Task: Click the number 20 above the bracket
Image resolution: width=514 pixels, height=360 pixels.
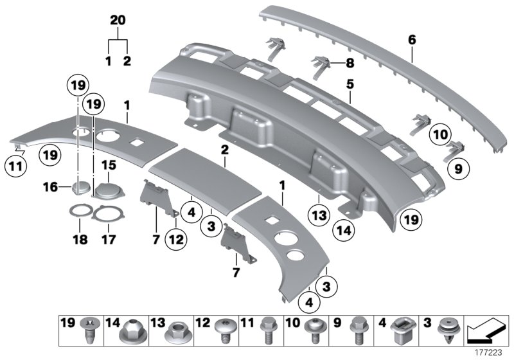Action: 116,21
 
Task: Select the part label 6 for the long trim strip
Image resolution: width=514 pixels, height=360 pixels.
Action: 412,40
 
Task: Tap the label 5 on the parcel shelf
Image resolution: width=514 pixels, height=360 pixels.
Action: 350,84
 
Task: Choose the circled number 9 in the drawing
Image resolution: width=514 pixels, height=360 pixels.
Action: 457,170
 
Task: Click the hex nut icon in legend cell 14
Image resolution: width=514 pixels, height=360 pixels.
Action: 117,334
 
